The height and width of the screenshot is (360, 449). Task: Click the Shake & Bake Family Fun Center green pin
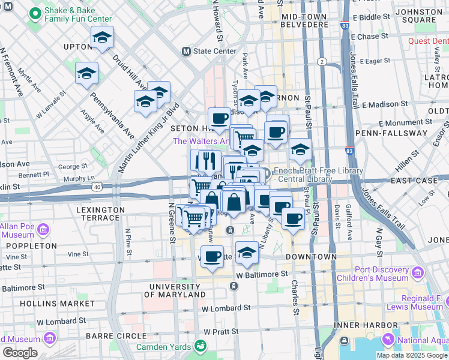35,13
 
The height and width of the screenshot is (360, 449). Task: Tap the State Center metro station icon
187,52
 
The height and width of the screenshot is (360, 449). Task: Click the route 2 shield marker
322,62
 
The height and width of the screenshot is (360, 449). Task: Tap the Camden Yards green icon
200,347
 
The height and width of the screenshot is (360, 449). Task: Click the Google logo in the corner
20,353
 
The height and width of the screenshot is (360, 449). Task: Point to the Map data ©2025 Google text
411,355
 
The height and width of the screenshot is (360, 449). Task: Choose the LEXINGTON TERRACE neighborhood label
101,214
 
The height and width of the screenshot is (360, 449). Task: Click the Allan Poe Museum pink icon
43,230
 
